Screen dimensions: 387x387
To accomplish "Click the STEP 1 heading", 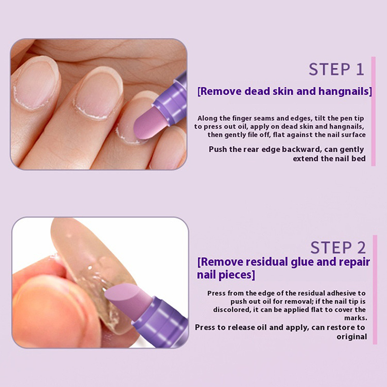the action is tap(336, 69).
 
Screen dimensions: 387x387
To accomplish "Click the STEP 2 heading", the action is tap(338, 248).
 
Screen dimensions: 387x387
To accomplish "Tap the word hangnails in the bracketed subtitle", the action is tap(345, 91).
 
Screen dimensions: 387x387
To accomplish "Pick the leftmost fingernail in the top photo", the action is tap(34, 83).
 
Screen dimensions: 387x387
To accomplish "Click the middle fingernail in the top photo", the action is tap(98, 92).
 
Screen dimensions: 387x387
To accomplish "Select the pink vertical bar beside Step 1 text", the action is tap(373, 111).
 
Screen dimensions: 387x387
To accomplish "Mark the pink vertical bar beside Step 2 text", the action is tap(375, 290).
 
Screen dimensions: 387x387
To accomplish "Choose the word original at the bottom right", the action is tap(352, 337).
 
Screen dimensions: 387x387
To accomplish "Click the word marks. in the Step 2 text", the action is tap(356, 318).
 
